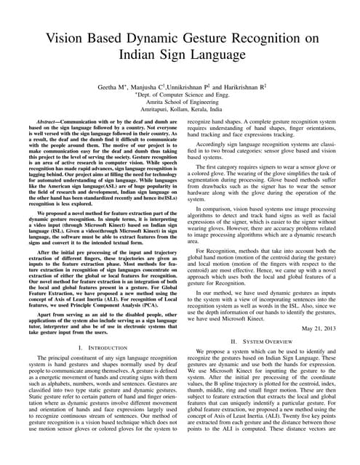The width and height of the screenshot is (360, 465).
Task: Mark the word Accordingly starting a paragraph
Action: click(211, 145)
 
